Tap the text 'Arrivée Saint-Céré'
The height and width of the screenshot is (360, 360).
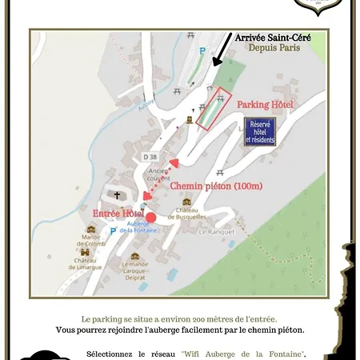click(x=272, y=37)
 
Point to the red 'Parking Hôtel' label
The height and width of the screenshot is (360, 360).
click(x=265, y=106)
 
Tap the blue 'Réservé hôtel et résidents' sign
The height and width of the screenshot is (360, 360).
click(x=262, y=132)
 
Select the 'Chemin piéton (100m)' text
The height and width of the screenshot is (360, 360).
click(x=216, y=186)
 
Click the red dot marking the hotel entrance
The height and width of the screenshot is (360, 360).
click(x=151, y=217)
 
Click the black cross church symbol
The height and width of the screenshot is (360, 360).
click(x=117, y=195)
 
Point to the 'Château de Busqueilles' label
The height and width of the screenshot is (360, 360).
click(x=187, y=214)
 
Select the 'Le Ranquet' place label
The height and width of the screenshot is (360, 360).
click(x=214, y=231)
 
